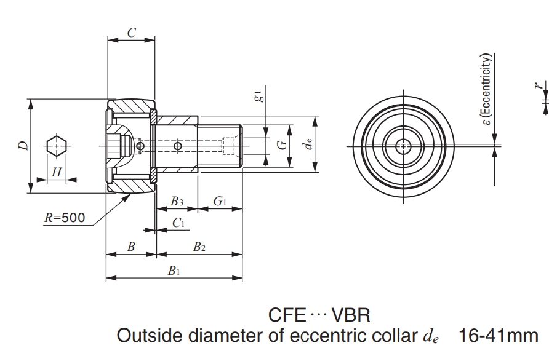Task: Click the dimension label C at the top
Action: click(x=131, y=33)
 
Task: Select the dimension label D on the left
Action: click(x=23, y=146)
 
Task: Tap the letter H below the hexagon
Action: click(x=56, y=172)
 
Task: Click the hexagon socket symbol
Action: click(x=56, y=146)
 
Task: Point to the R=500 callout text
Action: click(x=65, y=217)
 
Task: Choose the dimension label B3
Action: click(x=177, y=201)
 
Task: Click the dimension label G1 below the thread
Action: click(x=220, y=201)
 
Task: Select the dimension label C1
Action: click(x=178, y=223)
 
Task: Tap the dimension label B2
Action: click(x=199, y=247)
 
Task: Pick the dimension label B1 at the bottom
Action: click(x=174, y=271)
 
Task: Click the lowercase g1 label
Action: click(x=259, y=97)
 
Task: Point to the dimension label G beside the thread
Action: click(x=281, y=146)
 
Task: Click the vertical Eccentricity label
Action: click(x=487, y=92)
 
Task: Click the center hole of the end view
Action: click(x=404, y=146)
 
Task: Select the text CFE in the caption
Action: click(x=287, y=315)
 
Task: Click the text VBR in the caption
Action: click(x=350, y=315)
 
